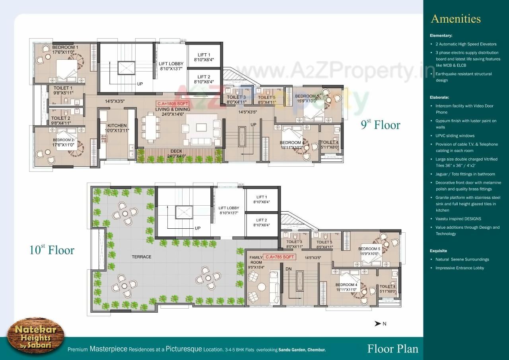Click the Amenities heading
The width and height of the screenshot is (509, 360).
pyautogui.click(x=455, y=19)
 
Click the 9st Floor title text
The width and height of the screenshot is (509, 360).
pyautogui.click(x=380, y=125)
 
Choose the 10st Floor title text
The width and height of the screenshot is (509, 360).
pyautogui.click(x=52, y=250)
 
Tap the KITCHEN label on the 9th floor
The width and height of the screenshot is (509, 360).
pyautogui.click(x=117, y=126)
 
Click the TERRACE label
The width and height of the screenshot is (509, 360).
pyautogui.click(x=142, y=257)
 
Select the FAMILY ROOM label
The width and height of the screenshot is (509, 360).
pyautogui.click(x=256, y=260)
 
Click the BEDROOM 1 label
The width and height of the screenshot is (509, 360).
pyautogui.click(x=65, y=47)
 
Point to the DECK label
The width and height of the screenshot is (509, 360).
pyautogui.click(x=177, y=151)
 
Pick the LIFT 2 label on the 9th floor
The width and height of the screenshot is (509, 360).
pyautogui.click(x=204, y=77)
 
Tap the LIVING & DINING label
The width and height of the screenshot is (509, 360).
pyautogui.click(x=173, y=109)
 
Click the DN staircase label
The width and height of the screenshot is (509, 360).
pyautogui.click(x=289, y=269)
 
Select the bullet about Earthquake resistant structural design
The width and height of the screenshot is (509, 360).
pyautogui.click(x=463, y=77)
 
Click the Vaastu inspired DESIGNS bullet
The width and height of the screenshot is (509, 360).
pyautogui.click(x=458, y=219)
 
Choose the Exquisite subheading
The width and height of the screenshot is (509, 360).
pyautogui.click(x=438, y=251)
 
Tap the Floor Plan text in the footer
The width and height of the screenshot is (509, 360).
pyautogui.click(x=392, y=349)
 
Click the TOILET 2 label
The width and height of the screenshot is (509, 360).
pyautogui.click(x=61, y=118)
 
